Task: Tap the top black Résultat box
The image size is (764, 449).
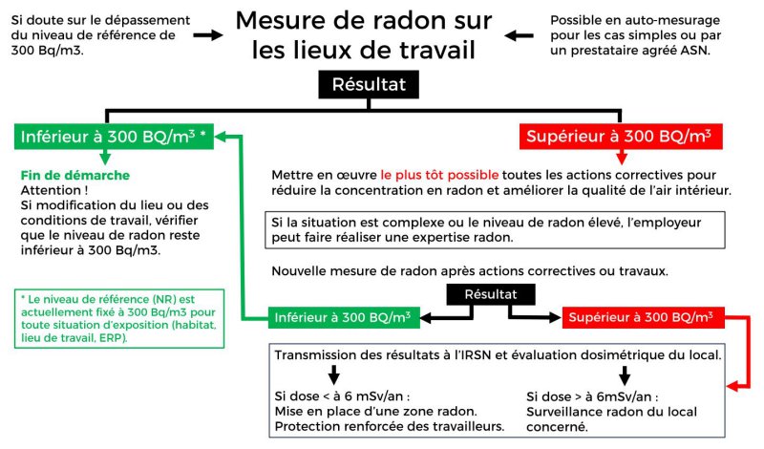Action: [369, 84]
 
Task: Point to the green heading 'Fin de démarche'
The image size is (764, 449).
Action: [74, 176]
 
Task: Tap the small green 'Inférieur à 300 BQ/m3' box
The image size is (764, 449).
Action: [343, 316]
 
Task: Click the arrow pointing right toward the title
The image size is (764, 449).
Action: [204, 35]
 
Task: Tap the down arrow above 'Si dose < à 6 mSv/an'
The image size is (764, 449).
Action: [334, 374]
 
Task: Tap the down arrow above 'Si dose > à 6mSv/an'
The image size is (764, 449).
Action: [626, 374]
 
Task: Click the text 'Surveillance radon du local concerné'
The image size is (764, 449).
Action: [594, 417]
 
